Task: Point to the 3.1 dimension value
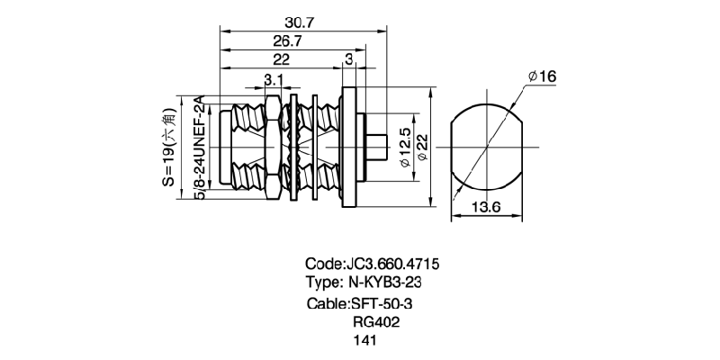coord(274,81)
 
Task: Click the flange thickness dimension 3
coord(348,59)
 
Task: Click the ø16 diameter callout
coord(543,78)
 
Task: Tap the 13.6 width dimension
coord(486,208)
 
